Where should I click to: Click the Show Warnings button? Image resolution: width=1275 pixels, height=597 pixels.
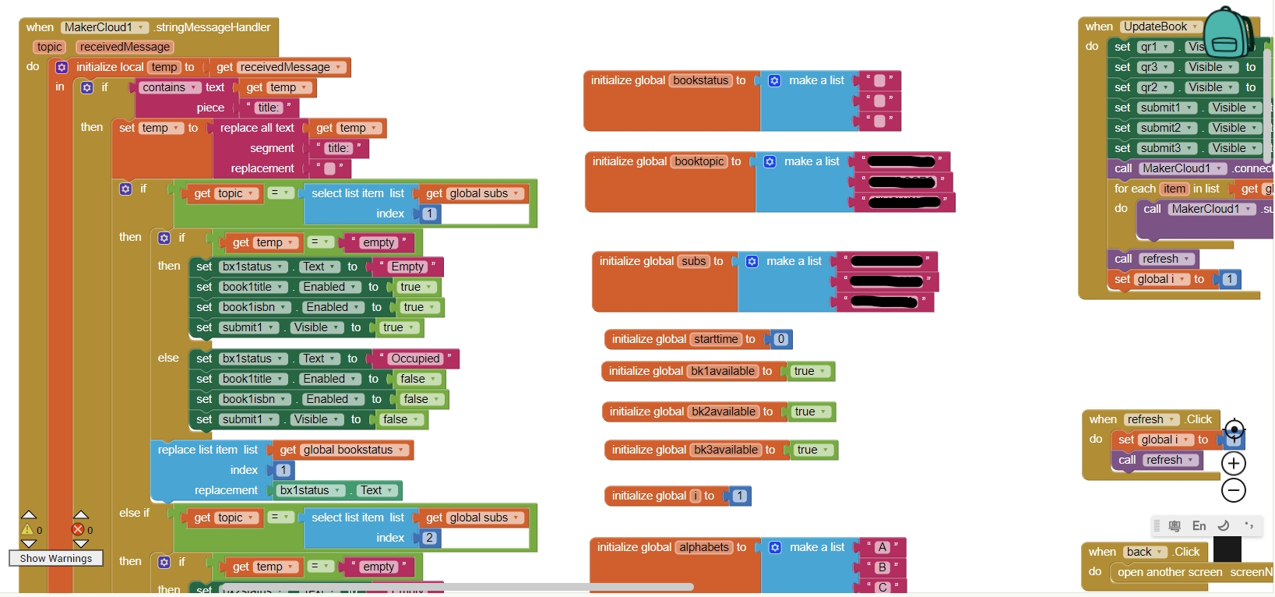coord(55,558)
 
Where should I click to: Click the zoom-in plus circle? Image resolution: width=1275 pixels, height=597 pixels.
coord(1234,464)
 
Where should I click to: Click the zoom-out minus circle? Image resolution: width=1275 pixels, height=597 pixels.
coord(1234,490)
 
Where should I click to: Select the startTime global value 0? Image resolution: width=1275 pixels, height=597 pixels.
coord(780,339)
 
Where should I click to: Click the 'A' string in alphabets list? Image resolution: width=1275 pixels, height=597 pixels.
coord(882,547)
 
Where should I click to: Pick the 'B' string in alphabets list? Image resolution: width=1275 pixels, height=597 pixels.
coord(882,567)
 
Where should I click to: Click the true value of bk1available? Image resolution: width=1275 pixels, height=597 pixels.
coord(809,371)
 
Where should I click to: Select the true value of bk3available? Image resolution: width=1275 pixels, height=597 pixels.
coord(812,450)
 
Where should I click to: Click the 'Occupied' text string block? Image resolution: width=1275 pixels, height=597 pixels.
coord(415,359)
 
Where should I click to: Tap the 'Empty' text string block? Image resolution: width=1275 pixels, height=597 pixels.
coord(407,267)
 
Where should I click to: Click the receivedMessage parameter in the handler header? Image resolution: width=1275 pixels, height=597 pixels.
coord(125,47)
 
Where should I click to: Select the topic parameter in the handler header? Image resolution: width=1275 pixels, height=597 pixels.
coord(49,47)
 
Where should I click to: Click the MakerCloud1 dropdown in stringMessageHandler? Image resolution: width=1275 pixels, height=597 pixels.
coord(104,27)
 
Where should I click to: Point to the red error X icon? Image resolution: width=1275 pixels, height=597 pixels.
coord(78,530)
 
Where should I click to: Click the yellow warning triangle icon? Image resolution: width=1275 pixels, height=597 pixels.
coord(28,530)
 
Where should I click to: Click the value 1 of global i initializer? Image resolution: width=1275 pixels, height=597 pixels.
coord(740,496)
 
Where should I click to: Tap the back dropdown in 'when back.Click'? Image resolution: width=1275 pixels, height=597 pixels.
coord(1144,552)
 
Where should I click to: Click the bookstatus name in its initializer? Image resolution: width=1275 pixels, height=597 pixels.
coord(701,80)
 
